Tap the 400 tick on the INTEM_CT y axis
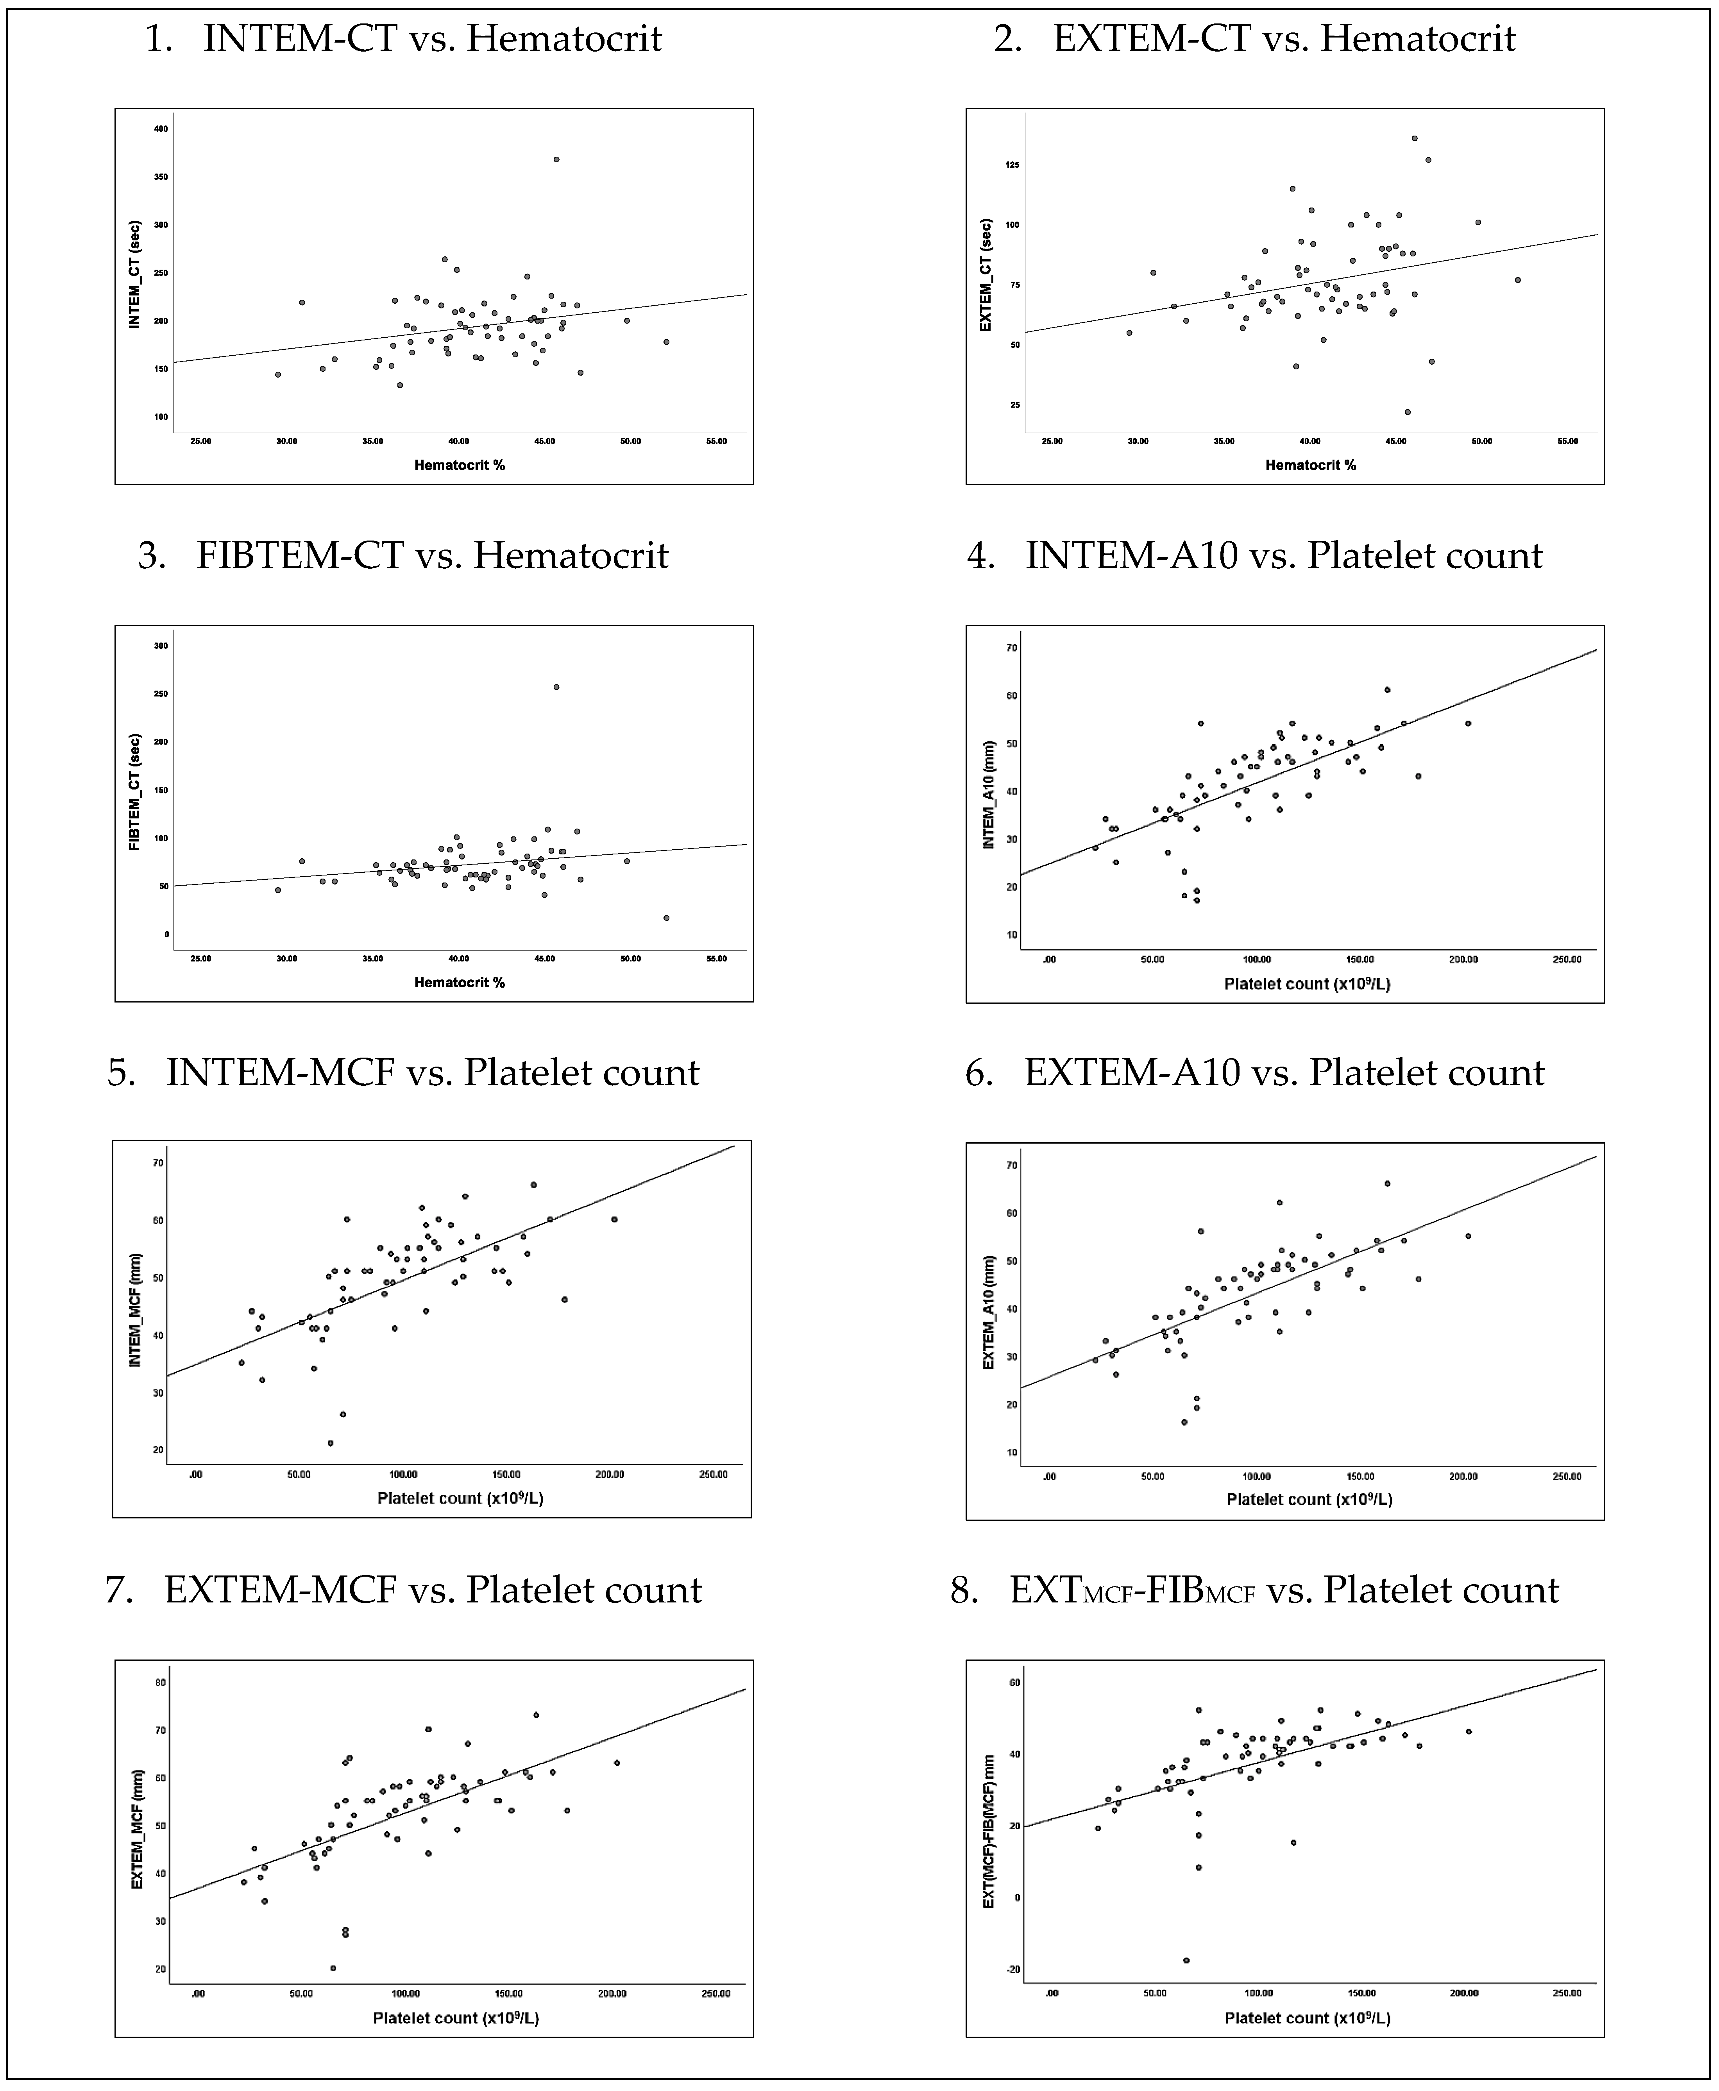tap(161, 129)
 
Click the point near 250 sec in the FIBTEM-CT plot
tap(556, 686)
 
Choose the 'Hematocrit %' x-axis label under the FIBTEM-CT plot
tap(460, 983)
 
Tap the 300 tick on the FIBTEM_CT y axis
tap(161, 646)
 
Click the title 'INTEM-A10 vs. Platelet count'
tap(1283, 556)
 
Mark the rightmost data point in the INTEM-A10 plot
tap(1467, 723)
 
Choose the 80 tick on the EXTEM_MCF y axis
tap(161, 1682)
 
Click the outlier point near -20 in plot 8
tap(1186, 1960)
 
